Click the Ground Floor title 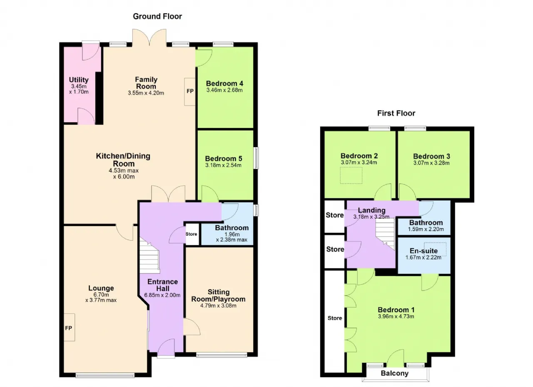coord(157,16)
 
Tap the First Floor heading coord(396,113)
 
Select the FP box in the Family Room coord(190,92)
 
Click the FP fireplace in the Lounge coord(69,328)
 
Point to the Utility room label coord(79,79)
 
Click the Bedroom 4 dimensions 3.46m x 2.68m coord(224,90)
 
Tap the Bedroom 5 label coord(224,158)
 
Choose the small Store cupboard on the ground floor coord(192,234)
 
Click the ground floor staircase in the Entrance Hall coord(149,256)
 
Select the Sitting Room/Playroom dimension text coord(219,306)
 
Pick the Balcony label coord(394,373)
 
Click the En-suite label coord(423,251)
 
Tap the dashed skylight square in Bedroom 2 coord(351,175)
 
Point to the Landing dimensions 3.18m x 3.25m coord(371,217)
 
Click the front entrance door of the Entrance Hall coord(166,348)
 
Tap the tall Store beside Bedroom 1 coord(334,321)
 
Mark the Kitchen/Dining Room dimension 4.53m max coord(124,170)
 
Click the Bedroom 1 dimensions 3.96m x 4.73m coord(396,316)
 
